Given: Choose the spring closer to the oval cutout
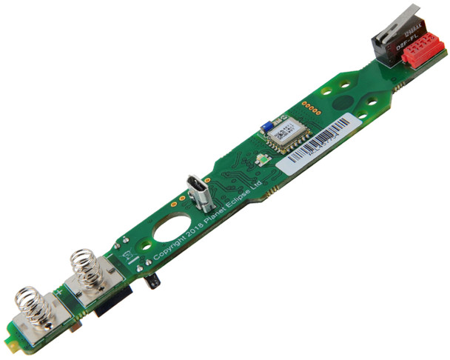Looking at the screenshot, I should (85, 270).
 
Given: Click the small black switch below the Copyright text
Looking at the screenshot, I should (153, 281).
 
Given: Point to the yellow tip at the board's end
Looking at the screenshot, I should (10, 343).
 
